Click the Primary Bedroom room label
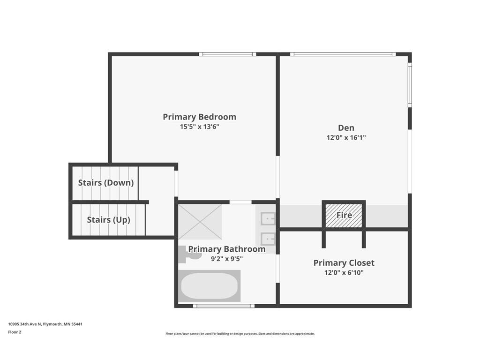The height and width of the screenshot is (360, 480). click(199, 117)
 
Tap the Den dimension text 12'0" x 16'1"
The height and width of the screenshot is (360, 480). click(346, 137)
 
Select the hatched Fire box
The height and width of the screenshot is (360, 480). click(344, 215)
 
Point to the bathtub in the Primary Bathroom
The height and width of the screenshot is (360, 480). click(210, 286)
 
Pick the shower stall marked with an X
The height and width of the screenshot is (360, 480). click(200, 222)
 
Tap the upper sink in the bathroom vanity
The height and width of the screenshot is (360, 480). click(268, 219)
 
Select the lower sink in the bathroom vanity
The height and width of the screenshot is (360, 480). click(268, 239)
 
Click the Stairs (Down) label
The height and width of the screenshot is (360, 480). click(106, 183)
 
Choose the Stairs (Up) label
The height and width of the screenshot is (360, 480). click(109, 220)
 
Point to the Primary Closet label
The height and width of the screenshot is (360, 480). click(344, 263)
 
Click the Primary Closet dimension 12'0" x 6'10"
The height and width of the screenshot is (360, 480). click(344, 272)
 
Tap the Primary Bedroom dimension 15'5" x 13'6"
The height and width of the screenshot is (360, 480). click(199, 127)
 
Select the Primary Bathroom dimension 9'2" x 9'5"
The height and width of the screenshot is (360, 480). click(227, 259)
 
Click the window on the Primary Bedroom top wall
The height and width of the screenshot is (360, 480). click(227, 54)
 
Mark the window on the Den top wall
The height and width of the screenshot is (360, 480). click(343, 54)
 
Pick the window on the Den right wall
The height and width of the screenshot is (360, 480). click(410, 85)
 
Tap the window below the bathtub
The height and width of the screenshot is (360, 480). click(224, 306)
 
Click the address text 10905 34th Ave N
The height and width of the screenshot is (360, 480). click(25, 324)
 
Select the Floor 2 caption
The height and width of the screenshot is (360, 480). click(15, 332)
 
